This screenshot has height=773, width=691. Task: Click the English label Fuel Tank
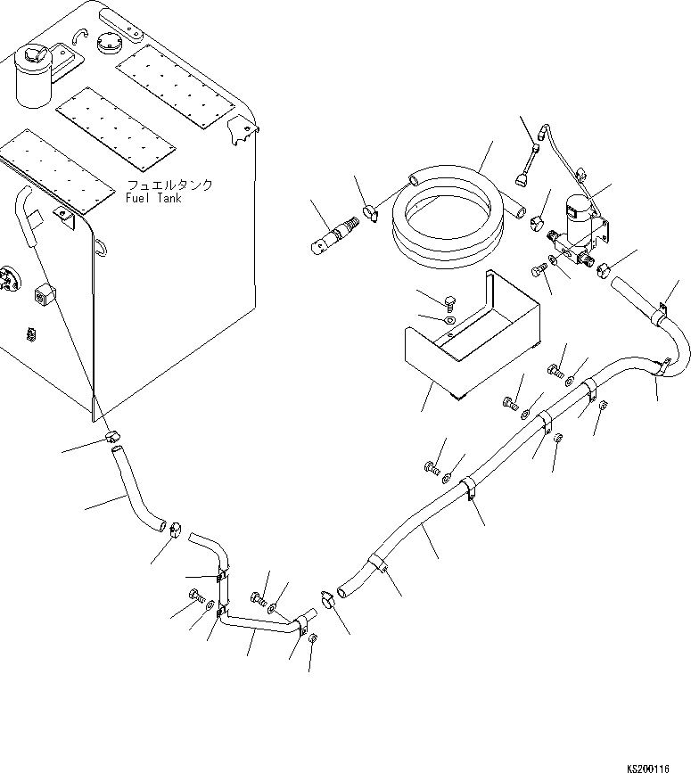[153, 198]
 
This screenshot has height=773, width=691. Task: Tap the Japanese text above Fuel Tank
[169, 185]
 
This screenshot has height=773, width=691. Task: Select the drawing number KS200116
[658, 766]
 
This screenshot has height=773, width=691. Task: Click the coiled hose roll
[451, 218]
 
